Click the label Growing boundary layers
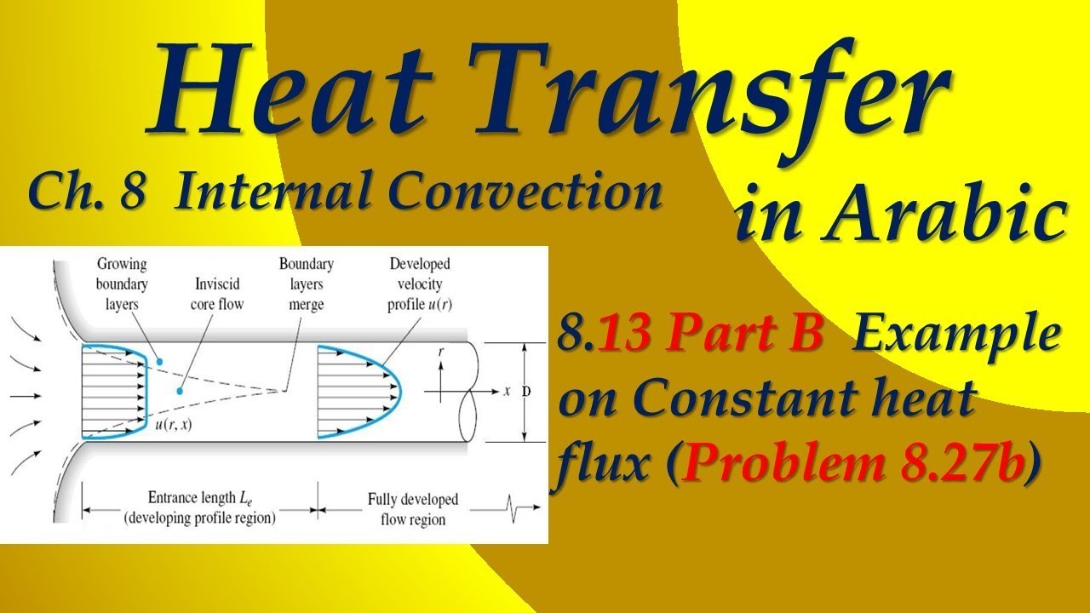(122, 284)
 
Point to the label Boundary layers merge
(306, 284)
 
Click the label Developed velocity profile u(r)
(419, 284)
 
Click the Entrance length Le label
(199, 508)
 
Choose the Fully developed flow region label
(412, 508)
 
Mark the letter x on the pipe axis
(507, 392)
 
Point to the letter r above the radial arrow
(440, 349)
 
